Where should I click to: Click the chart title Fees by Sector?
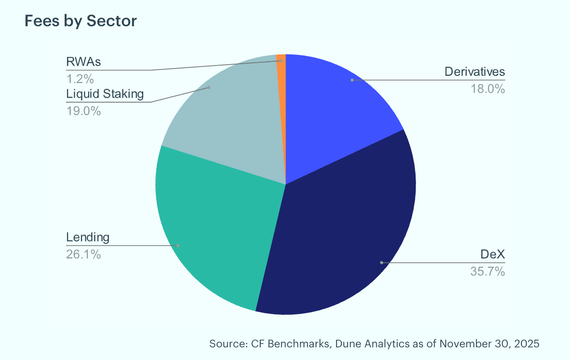pyautogui.click(x=80, y=21)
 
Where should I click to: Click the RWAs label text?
pyautogui.click(x=83, y=62)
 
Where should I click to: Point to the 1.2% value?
pyautogui.click(x=80, y=79)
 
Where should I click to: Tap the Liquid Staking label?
pyautogui.click(x=105, y=94)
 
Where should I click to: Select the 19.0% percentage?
pyautogui.click(x=83, y=111)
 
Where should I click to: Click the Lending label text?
pyautogui.click(x=87, y=238)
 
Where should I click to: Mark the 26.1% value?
pyautogui.click(x=83, y=255)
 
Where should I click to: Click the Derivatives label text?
pyautogui.click(x=475, y=71)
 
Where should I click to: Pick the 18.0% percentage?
pyautogui.click(x=488, y=89)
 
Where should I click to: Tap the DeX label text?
pyautogui.click(x=493, y=254)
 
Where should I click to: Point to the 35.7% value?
pyautogui.click(x=488, y=271)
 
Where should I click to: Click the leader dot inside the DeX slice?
pyautogui.click(x=381, y=262)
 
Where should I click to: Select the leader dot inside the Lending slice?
pyautogui.click(x=178, y=245)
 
